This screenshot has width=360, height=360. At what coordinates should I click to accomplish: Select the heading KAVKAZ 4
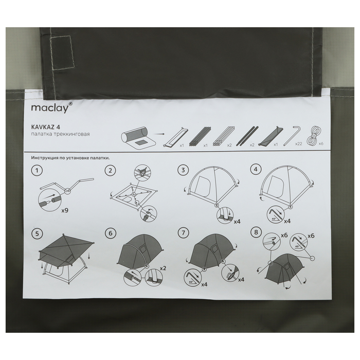46,127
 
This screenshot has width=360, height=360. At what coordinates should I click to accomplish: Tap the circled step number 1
37,171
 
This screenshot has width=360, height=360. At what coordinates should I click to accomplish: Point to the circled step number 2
110,171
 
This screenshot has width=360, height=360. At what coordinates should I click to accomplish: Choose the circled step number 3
183,170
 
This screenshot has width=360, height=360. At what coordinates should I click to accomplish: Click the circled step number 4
256,170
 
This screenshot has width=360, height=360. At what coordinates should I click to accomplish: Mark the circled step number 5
37,233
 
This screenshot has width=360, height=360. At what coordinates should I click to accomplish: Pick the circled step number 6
111,233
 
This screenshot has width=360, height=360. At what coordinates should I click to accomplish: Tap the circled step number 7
183,233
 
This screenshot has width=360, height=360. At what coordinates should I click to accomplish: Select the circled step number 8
256,232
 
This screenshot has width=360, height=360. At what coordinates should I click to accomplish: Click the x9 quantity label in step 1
65,210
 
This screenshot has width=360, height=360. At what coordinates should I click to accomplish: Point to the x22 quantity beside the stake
298,144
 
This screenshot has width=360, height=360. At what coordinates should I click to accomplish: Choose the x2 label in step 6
163,268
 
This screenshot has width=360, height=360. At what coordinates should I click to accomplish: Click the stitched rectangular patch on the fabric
62,52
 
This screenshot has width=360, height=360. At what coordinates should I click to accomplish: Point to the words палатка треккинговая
60,134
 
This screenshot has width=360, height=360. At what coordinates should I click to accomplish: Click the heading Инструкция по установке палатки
71,158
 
